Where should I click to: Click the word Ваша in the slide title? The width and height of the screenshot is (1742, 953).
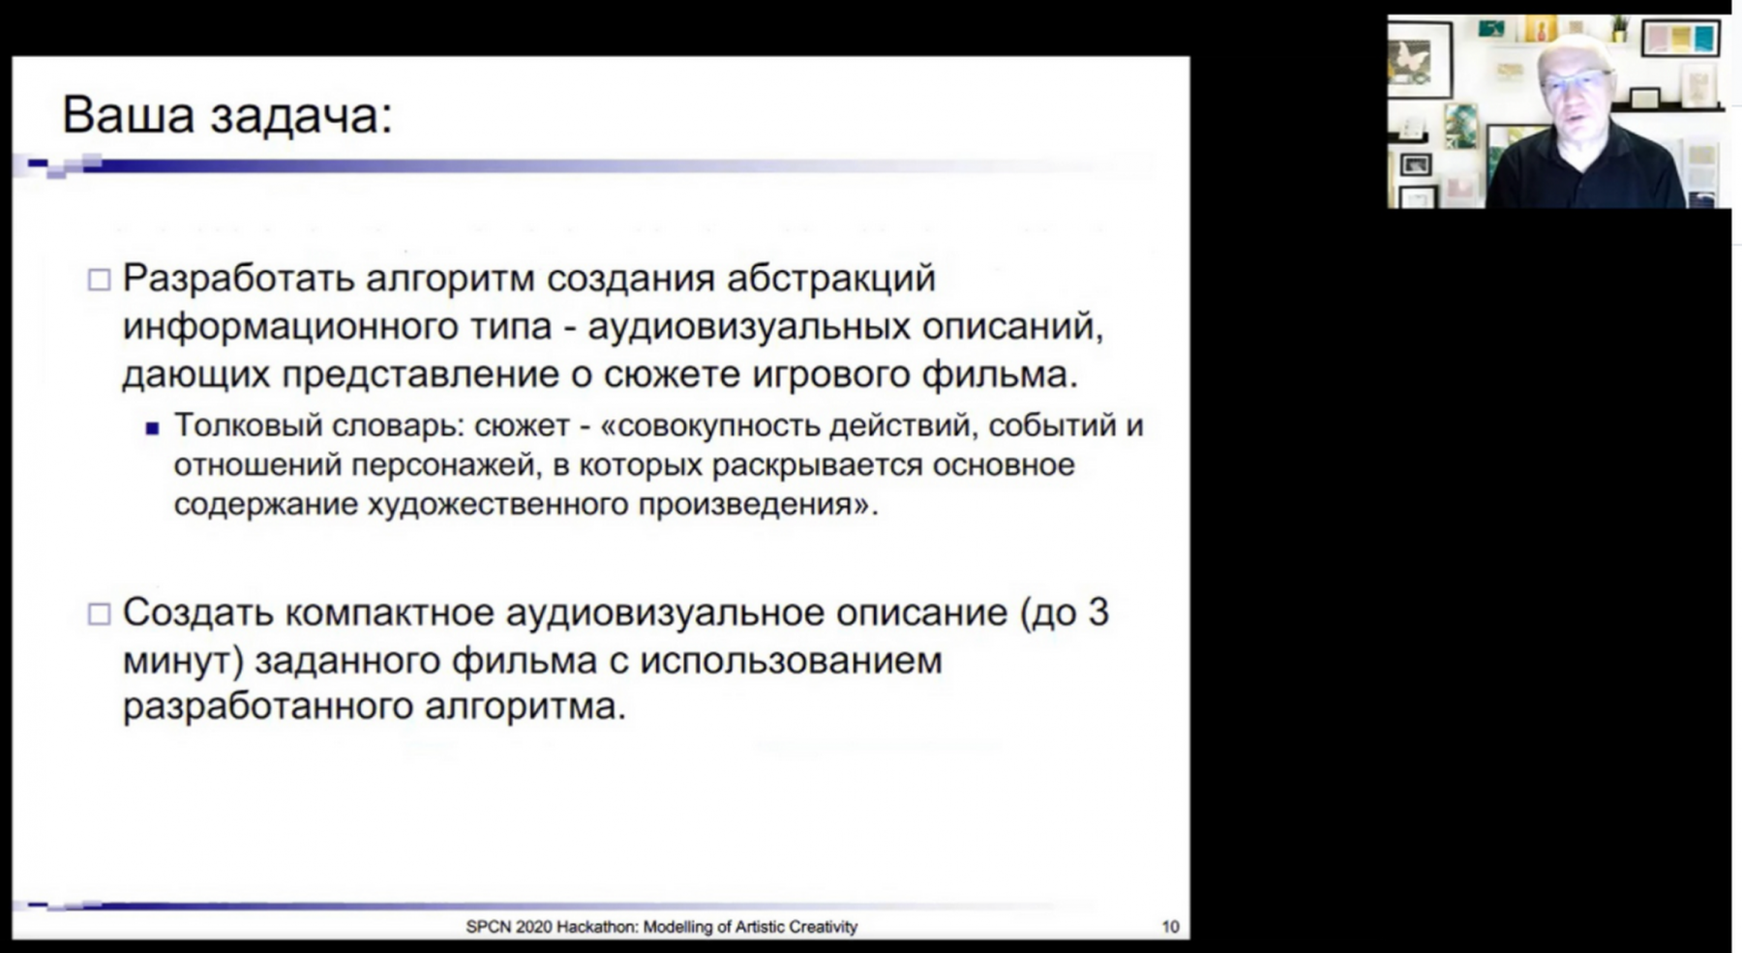(x=128, y=114)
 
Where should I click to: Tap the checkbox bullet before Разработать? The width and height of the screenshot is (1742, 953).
(x=99, y=281)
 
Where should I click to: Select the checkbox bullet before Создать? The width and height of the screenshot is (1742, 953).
(x=99, y=614)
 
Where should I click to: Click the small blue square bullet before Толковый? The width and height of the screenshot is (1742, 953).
(x=152, y=429)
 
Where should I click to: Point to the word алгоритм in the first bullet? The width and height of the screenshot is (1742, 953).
(x=450, y=280)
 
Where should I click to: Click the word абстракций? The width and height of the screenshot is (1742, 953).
(x=831, y=280)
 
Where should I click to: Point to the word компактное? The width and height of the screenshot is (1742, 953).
(x=391, y=613)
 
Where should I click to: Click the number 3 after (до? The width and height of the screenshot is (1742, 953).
(x=1097, y=612)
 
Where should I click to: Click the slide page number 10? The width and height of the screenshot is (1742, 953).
(x=1170, y=927)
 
